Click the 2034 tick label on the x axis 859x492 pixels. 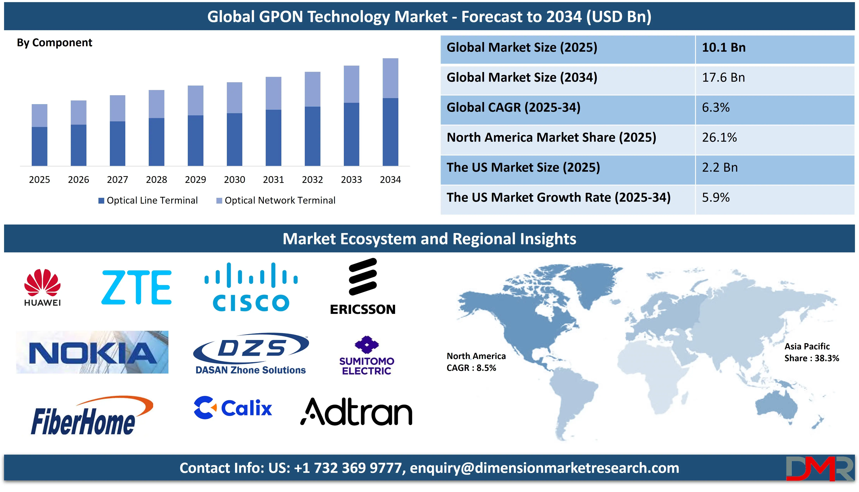click(x=390, y=179)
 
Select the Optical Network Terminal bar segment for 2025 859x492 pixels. click(x=39, y=116)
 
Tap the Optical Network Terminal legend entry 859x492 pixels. click(x=276, y=200)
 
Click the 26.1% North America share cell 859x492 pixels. click(x=719, y=138)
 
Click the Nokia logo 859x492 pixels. click(x=92, y=352)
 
